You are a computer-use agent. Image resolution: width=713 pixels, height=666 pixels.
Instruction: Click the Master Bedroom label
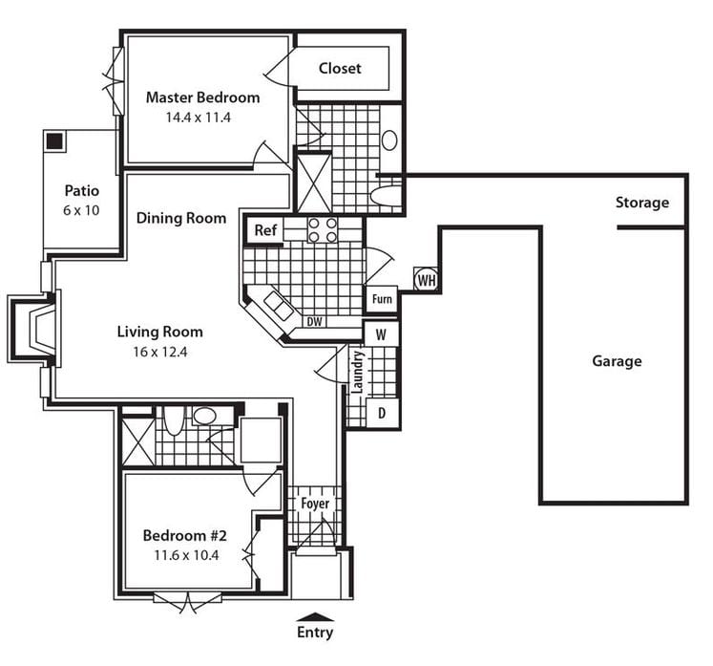[x=202, y=97]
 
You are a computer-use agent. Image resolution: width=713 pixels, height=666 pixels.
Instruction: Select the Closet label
[x=340, y=68]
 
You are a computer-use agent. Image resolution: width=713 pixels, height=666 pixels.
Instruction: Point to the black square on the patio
[x=54, y=141]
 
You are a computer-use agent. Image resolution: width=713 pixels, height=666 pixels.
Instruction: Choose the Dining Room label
[x=181, y=218]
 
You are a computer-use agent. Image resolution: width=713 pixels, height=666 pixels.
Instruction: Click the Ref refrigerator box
[x=264, y=231]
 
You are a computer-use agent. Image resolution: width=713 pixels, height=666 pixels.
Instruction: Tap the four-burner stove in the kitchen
[x=323, y=230]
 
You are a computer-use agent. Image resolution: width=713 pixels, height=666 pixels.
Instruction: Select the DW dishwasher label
[x=314, y=322]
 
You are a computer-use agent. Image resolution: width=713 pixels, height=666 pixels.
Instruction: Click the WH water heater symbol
[x=426, y=280]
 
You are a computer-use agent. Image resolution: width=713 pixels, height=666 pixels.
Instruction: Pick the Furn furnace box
[x=382, y=299]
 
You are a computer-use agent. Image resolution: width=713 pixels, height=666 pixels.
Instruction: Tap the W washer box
[x=381, y=333]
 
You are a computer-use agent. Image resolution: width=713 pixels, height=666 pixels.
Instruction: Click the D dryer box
[x=383, y=412]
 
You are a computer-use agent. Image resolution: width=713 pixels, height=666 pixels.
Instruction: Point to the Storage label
[x=641, y=203]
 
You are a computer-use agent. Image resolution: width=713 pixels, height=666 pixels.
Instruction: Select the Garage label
[x=617, y=361]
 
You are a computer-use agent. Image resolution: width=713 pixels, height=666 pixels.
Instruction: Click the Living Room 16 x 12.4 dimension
[x=159, y=352]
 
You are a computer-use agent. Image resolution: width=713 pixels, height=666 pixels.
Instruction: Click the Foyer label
[x=315, y=504]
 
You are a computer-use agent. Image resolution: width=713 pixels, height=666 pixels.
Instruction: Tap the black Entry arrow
[x=316, y=616]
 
